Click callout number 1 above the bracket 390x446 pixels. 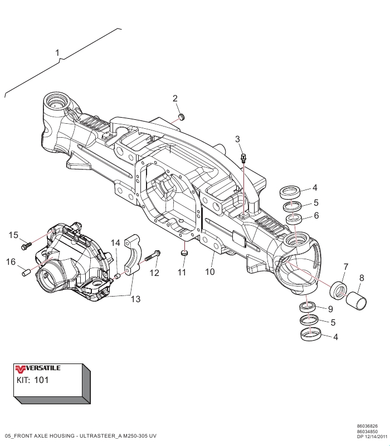pos(57,52)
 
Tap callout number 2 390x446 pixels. pos(175,99)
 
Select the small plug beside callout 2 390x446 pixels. pos(182,117)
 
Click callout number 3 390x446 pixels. pos(238,139)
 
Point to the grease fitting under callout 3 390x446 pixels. pos(243,158)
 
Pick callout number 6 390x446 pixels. pos(316,215)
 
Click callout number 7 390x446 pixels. pos(346,266)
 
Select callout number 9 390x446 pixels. pos(330,309)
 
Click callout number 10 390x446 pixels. pos(210,272)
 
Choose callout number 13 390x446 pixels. pos(135,299)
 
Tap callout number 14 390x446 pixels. pos(115,243)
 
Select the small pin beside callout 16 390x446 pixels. pos(25,273)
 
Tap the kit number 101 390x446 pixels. pos(42,380)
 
